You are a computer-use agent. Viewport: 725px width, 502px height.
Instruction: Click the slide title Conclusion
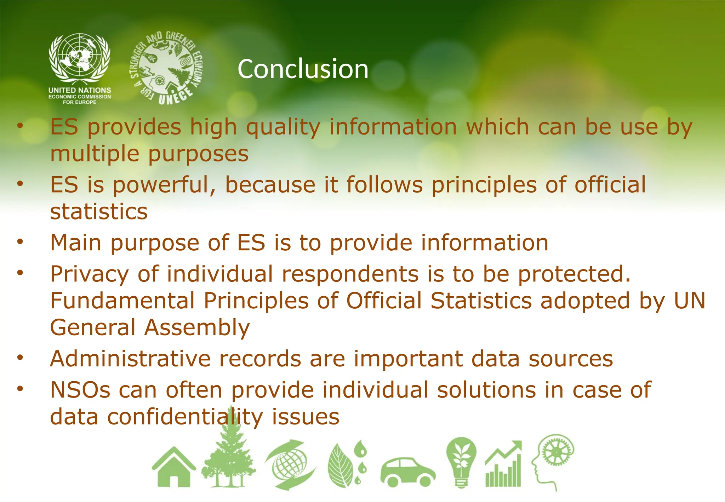303,69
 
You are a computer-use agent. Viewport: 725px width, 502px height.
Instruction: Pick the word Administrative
130,359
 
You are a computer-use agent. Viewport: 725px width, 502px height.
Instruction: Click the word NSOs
80,390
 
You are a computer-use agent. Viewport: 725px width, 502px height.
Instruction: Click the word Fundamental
122,301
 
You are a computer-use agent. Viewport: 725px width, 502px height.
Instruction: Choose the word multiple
95,154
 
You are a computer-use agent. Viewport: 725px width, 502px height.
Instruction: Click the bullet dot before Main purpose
20,242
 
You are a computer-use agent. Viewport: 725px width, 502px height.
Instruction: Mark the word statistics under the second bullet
99,212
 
